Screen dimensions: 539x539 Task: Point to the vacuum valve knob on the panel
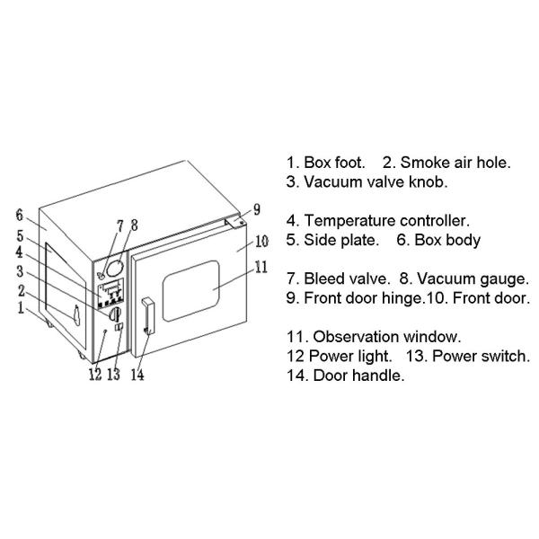tap(115, 314)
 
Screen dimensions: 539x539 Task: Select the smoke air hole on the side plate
tap(76, 315)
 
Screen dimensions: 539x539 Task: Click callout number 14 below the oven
tap(137, 375)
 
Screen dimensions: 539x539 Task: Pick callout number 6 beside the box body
tap(18, 215)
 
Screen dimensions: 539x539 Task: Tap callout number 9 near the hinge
tap(256, 209)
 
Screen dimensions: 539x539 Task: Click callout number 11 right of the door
tap(261, 266)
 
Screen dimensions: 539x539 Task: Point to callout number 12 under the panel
tap(94, 375)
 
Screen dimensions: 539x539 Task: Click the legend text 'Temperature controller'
tap(386, 220)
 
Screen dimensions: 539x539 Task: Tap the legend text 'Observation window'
tap(386, 337)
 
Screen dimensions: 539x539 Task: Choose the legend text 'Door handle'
tap(358, 376)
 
